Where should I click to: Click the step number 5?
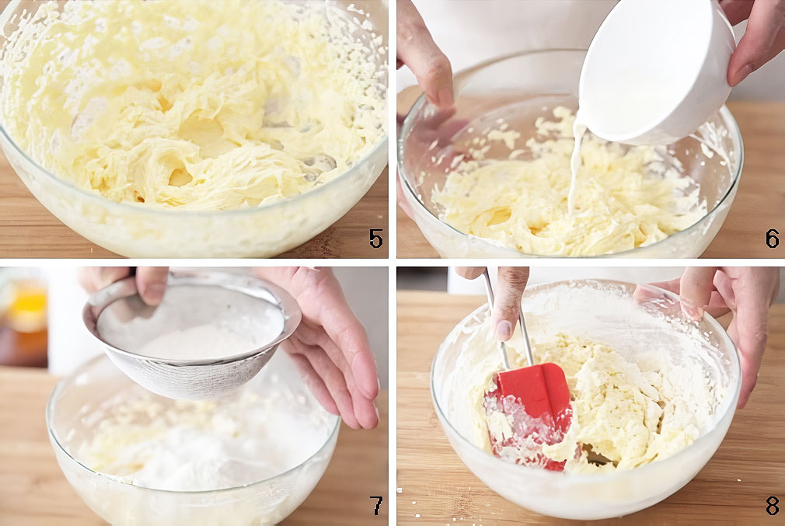(376, 239)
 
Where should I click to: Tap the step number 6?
(773, 239)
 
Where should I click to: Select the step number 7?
(376, 506)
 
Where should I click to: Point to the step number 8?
(773, 506)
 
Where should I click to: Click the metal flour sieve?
(190, 336)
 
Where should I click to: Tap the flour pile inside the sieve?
(201, 343)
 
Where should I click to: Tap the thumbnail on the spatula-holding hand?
(503, 329)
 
